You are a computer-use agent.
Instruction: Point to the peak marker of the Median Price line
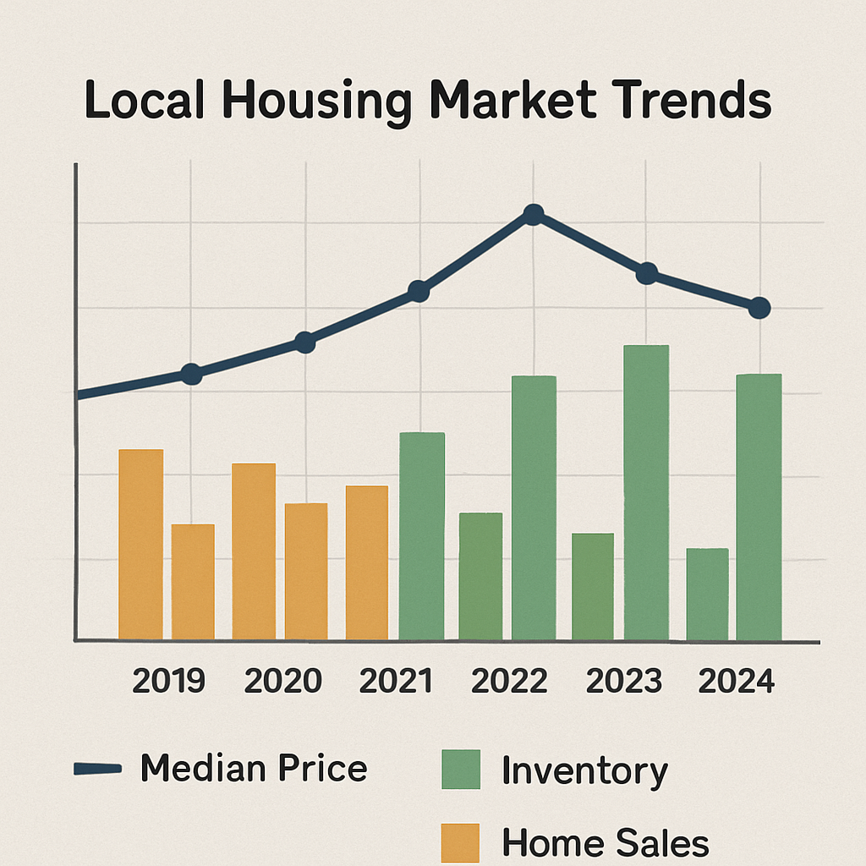coord(533,215)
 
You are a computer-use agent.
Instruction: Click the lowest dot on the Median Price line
coord(192,374)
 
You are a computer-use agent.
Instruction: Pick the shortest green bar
coord(707,595)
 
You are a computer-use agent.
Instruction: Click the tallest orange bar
coord(140,544)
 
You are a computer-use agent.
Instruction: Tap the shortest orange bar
coord(193,581)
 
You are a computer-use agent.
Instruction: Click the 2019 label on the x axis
coord(169,681)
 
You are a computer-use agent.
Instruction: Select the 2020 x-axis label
coord(282,681)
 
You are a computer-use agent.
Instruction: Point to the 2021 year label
coord(395,681)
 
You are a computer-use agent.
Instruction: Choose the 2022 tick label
coord(509,681)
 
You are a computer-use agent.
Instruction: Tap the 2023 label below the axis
coord(623,681)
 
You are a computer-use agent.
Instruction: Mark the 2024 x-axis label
coord(736,681)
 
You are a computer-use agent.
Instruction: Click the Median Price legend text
coord(254,769)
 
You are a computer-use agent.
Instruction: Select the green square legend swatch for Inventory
coord(460,770)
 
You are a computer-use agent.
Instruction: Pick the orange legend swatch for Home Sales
coord(460,842)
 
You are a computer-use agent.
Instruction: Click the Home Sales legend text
coord(605,843)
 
